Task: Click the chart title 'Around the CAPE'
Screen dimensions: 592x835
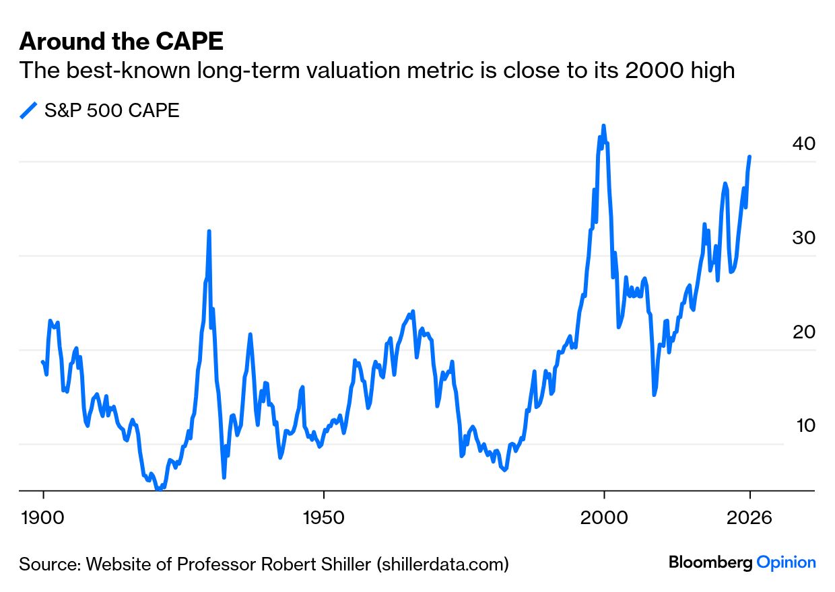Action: click(x=121, y=42)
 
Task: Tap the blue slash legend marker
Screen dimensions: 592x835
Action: click(x=28, y=110)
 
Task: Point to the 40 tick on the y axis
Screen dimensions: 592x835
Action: click(x=803, y=143)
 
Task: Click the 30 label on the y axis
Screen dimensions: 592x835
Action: click(x=803, y=237)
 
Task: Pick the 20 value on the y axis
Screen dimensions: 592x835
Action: click(x=803, y=332)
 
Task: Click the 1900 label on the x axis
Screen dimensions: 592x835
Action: click(x=44, y=518)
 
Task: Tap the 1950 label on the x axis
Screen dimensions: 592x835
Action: click(x=324, y=518)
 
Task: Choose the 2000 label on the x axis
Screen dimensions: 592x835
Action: click(x=605, y=518)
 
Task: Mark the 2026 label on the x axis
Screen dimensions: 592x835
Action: click(x=750, y=518)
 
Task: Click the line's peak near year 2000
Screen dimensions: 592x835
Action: click(x=603, y=126)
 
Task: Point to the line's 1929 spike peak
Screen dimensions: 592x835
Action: click(x=209, y=231)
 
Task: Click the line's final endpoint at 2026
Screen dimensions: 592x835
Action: click(x=749, y=157)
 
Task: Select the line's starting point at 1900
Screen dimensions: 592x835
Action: click(x=42, y=362)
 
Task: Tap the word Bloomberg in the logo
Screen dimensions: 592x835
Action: click(x=710, y=562)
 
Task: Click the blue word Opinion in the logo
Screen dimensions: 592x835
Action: click(x=787, y=562)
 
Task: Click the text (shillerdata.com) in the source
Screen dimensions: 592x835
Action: click(x=442, y=564)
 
